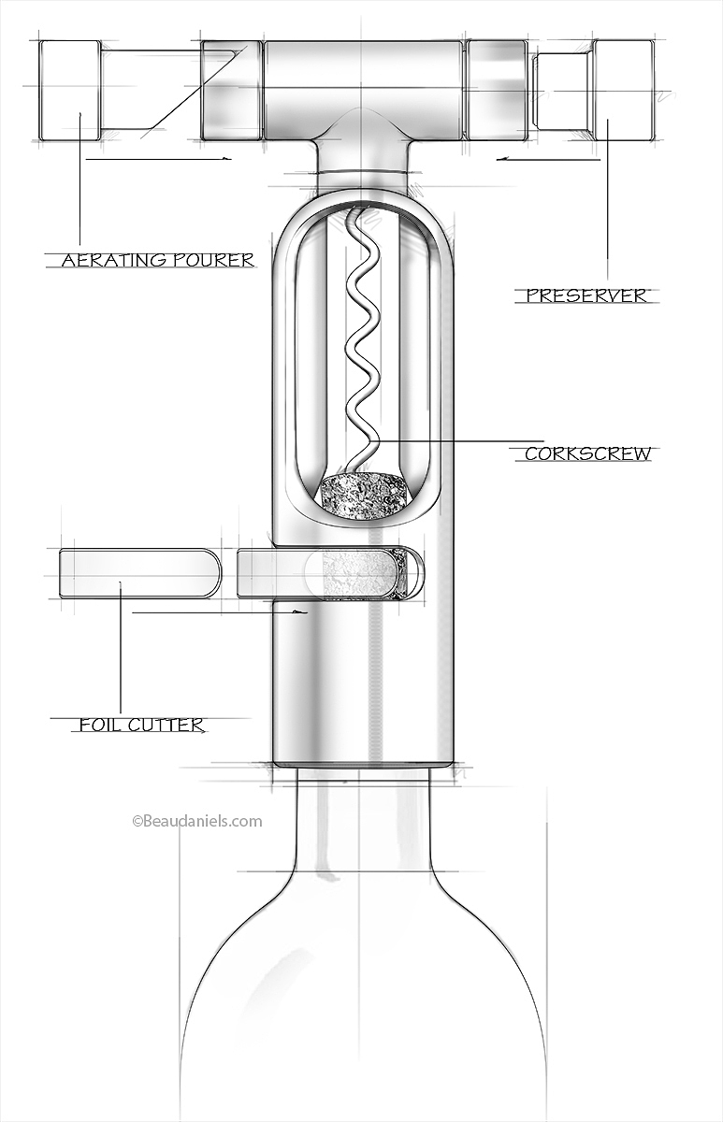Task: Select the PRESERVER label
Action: (586, 295)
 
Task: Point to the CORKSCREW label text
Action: (587, 454)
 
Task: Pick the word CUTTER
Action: (167, 725)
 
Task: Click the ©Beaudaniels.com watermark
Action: (197, 821)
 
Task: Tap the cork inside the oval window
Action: (364, 495)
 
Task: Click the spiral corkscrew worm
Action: (361, 337)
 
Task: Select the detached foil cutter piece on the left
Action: (139, 573)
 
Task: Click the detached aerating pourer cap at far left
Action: (69, 90)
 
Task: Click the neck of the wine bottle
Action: (362, 823)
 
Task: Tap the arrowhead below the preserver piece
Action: (502, 159)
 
